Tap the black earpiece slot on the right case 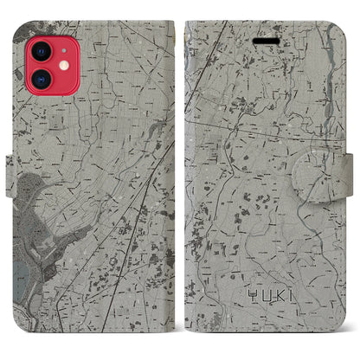coord(264,40)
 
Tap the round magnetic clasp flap coord(333,183)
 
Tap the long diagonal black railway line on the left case coord(138,216)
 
